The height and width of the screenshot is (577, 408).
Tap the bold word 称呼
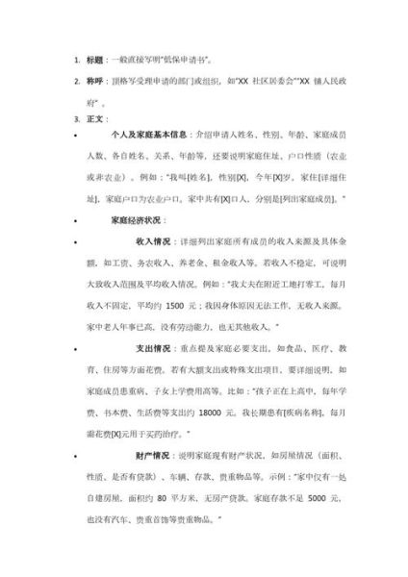coord(99,81)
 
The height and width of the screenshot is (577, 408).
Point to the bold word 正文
coord(99,119)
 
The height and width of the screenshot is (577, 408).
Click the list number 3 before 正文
coord(77,119)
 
